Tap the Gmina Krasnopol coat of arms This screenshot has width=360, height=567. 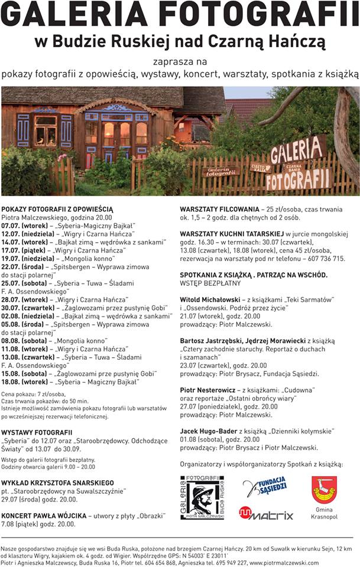coord(324,490)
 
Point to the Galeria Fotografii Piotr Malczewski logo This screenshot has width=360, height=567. coord(202,497)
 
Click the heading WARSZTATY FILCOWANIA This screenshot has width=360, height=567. coord(219,209)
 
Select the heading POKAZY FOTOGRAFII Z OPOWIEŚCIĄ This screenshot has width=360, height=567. coord(57,209)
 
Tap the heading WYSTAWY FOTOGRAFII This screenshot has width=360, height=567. coord(37,432)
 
